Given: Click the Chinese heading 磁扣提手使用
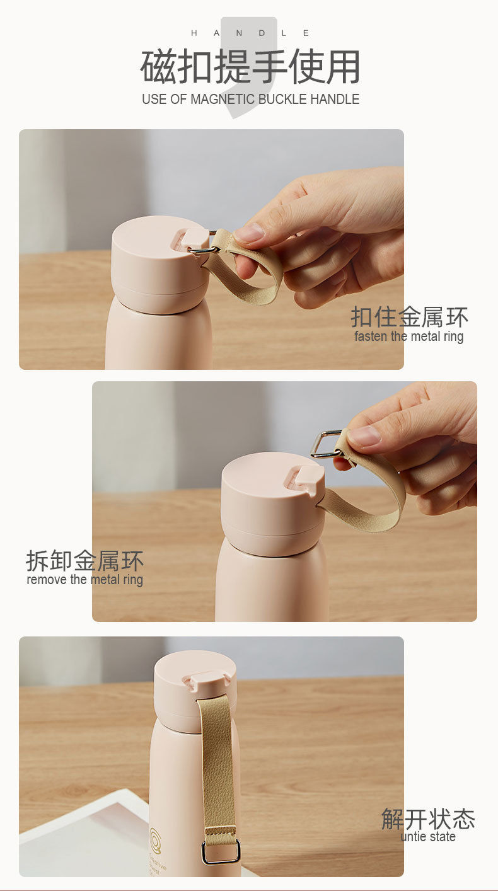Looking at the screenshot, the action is click(x=250, y=66).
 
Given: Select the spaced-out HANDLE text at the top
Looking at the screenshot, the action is click(x=250, y=33).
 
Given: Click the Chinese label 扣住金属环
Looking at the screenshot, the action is click(x=409, y=317).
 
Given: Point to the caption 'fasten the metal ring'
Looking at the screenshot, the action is click(x=409, y=336).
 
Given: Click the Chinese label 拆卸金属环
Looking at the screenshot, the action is click(x=84, y=560).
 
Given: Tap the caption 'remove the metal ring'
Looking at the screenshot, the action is click(x=85, y=580).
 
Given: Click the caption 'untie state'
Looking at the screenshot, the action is click(x=428, y=837).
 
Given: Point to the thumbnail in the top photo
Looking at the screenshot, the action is click(x=250, y=233).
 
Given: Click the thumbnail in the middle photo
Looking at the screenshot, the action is click(x=364, y=436).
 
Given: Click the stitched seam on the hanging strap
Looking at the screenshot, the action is click(x=221, y=831).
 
